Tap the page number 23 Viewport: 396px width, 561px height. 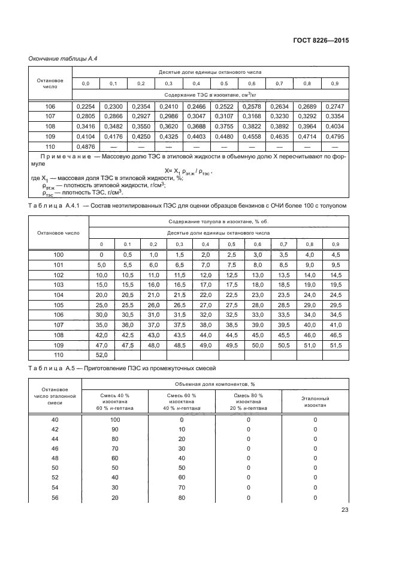(x=344, y=510)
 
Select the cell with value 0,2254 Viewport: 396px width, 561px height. (x=85, y=106)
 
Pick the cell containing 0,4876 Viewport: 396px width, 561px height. (x=85, y=147)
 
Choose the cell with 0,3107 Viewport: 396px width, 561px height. (x=223, y=116)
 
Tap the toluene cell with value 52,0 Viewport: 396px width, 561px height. (x=102, y=356)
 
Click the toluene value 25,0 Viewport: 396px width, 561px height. (x=102, y=305)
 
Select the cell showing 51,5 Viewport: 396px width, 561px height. (x=335, y=346)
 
